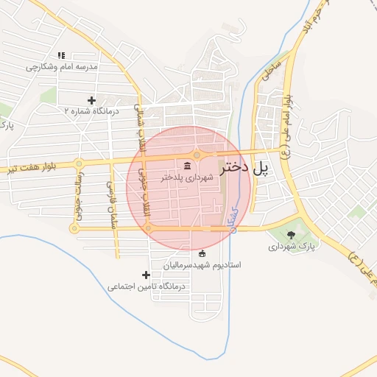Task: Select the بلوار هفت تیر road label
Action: click(x=34, y=169)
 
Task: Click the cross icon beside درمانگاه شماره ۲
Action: click(x=91, y=100)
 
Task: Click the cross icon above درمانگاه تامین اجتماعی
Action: click(x=145, y=275)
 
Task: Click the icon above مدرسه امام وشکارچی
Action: click(x=61, y=54)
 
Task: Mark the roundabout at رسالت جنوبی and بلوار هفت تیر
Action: click(x=78, y=163)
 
